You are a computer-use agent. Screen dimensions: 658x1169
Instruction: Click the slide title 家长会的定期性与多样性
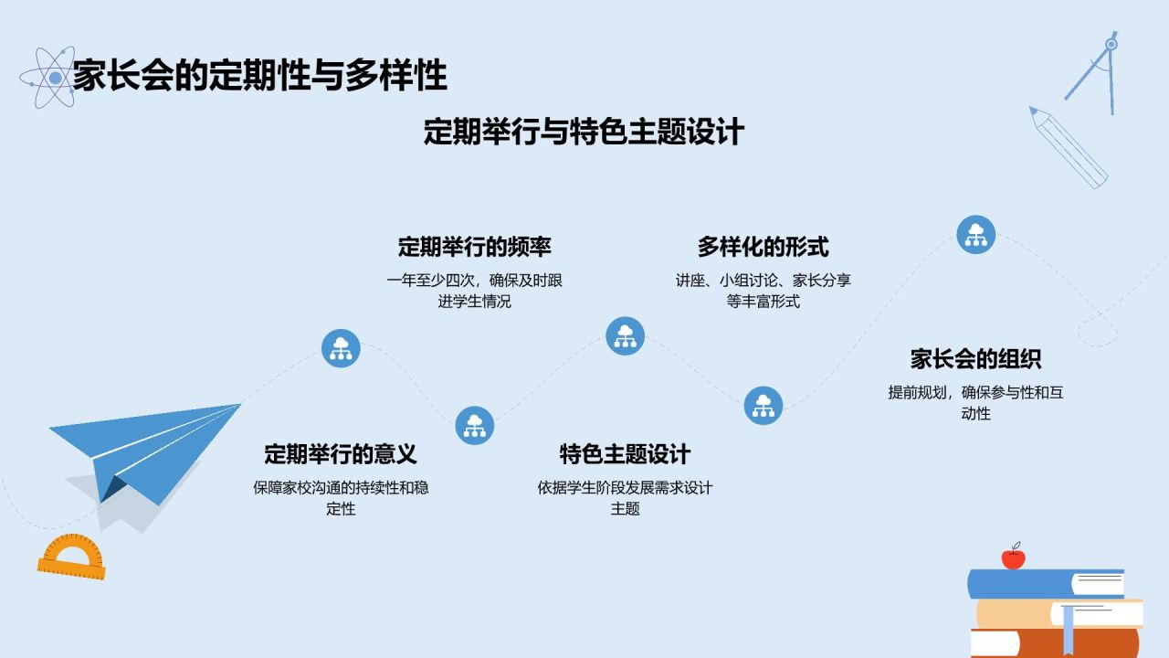(260, 76)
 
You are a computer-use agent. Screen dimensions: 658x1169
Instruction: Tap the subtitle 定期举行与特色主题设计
(584, 132)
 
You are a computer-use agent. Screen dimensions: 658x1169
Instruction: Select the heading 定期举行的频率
(474, 247)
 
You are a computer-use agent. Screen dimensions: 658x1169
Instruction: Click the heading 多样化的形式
(763, 247)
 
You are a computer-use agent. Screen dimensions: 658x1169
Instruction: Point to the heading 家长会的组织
(975, 358)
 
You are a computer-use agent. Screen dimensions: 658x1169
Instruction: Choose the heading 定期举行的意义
(341, 454)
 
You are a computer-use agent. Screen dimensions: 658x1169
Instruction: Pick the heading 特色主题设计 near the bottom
(625, 454)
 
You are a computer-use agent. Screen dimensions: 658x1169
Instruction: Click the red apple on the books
(1013, 557)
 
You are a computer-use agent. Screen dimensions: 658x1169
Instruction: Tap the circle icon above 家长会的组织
(975, 234)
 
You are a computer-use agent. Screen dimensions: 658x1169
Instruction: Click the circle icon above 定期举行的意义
(341, 348)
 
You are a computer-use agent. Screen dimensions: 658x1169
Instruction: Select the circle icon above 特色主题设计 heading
(625, 335)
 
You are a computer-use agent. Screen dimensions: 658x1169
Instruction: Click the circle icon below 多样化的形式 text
(763, 405)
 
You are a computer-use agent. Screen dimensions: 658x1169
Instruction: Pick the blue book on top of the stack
(1046, 584)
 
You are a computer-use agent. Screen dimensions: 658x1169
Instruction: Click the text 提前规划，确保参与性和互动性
(975, 403)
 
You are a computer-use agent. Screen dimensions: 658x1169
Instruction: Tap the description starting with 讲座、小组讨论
(763, 291)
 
